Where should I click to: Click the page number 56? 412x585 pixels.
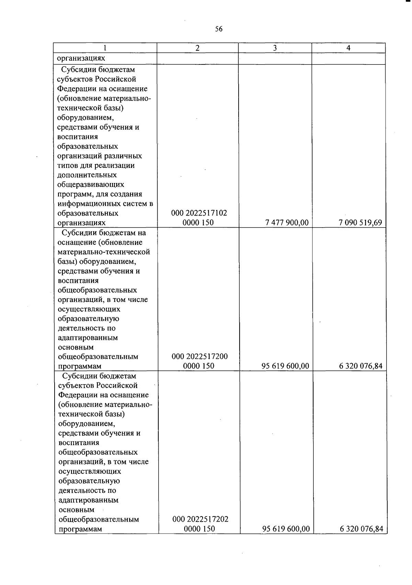[x=219, y=29]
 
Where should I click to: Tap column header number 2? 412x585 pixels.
[x=197, y=48]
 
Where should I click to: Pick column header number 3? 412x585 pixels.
[x=275, y=48]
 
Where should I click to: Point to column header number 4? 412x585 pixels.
[x=348, y=48]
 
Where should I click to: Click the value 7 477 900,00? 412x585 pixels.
[x=287, y=223]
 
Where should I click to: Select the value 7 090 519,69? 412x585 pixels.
[x=360, y=223]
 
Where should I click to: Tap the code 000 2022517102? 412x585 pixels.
[x=199, y=213]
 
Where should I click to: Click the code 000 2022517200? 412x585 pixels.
[x=199, y=356]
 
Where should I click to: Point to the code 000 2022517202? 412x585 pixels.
[x=201, y=519]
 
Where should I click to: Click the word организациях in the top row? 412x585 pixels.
[x=81, y=58]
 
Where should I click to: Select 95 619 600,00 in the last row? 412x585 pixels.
[x=286, y=529]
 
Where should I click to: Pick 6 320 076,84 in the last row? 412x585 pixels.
[x=361, y=529]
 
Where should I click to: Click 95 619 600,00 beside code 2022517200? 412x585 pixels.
[x=285, y=366]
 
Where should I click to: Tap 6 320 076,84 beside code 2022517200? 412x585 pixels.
[x=360, y=366]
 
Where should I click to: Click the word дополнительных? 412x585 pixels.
[x=87, y=175]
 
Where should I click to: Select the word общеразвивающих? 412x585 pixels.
[x=91, y=185]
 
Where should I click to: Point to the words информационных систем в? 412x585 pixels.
[x=105, y=204]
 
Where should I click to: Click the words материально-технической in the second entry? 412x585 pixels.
[x=104, y=252]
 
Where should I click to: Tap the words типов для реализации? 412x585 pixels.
[x=96, y=166]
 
